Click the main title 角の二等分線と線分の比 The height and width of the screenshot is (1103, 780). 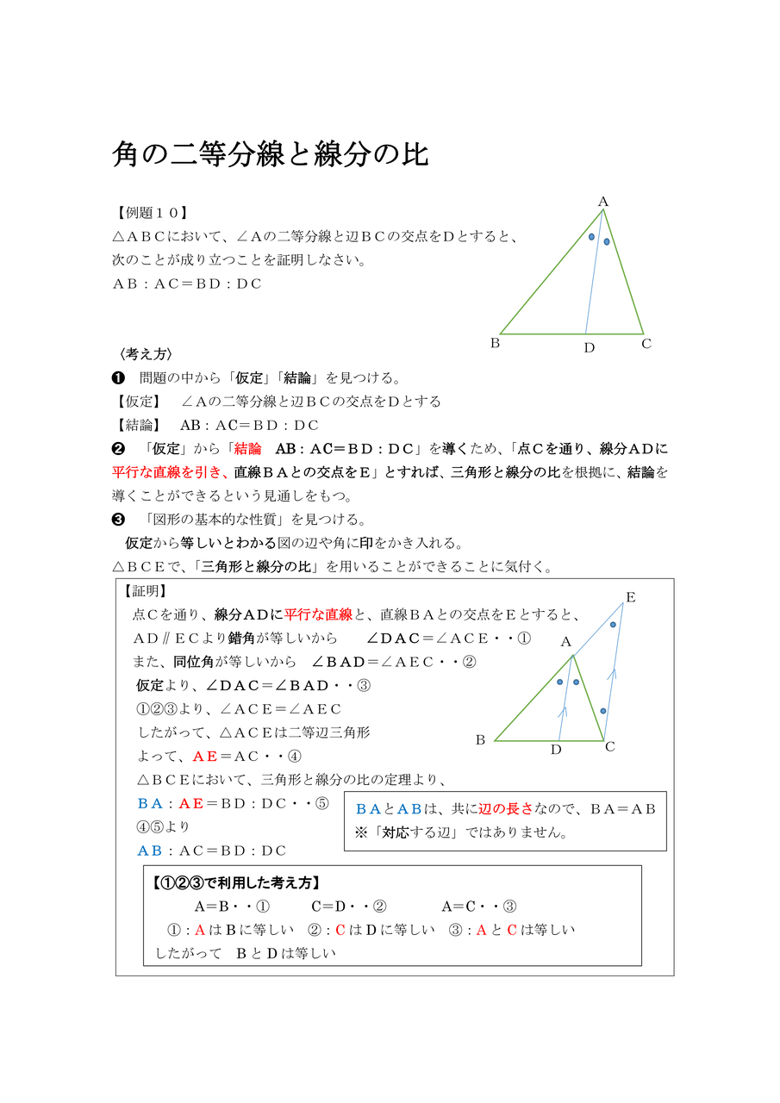271,155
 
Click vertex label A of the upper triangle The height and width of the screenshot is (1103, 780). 603,202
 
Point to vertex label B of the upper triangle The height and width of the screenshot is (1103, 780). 495,343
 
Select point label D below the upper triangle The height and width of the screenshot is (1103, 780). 589,348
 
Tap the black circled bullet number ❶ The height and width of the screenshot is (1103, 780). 119,378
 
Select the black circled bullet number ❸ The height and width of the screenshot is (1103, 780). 119,520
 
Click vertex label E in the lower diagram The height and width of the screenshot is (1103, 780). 630,597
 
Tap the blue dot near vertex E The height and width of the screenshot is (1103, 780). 613,624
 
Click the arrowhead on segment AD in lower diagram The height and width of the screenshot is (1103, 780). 564,712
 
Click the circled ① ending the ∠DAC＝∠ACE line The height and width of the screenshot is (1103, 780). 524,639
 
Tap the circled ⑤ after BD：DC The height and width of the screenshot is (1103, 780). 321,803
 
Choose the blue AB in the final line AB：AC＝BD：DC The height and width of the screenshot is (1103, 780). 150,851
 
